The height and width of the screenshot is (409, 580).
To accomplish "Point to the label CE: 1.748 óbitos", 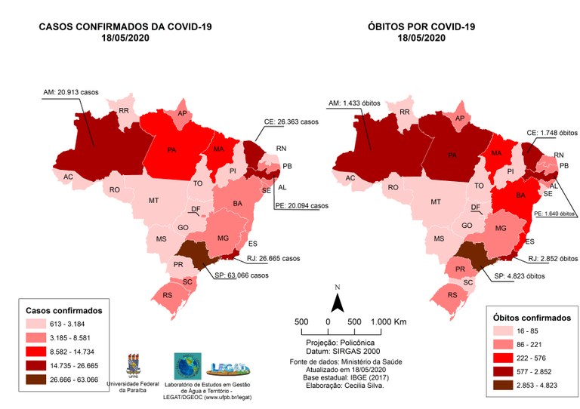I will point(547,131).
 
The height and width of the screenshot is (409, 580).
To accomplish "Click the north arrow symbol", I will point(340,302).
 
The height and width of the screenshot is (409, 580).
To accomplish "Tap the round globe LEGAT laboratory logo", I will point(187,366).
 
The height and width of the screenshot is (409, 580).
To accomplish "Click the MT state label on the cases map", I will point(153,201).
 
